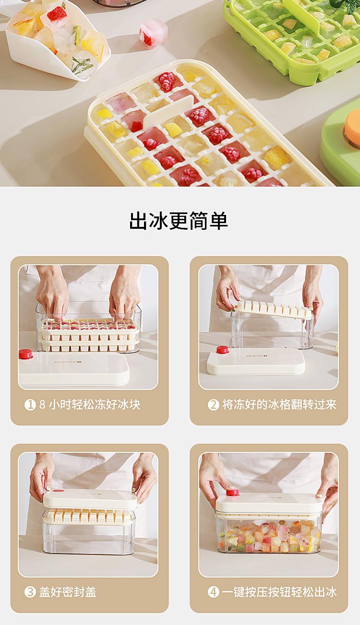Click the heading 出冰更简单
coord(179,221)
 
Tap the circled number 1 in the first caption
coord(30,404)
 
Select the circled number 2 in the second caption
coord(213,404)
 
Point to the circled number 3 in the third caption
coord(30,592)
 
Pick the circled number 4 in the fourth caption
coord(213,592)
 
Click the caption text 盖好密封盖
coord(68,592)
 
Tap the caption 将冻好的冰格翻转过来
coord(279,404)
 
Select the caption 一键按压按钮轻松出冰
coord(279,592)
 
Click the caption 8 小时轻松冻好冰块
coord(89,404)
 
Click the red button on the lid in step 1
coord(26,354)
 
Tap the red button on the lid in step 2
coord(223,350)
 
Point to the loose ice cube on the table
coord(153,33)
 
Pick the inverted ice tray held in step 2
coord(274,309)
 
